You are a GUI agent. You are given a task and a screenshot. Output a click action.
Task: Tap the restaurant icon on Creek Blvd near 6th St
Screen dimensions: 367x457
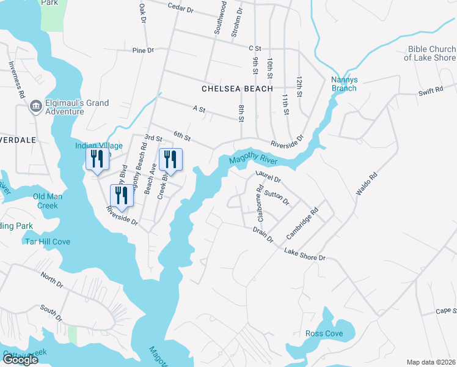(x=170, y=160)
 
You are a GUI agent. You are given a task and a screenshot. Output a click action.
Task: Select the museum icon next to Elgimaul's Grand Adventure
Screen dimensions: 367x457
(x=35, y=107)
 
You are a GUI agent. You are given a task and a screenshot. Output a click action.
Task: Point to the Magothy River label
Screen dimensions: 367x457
(x=253, y=160)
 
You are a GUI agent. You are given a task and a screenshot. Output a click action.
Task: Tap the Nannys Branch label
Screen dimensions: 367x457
(x=344, y=84)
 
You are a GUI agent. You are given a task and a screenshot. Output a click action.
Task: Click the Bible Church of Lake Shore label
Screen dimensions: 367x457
(x=430, y=53)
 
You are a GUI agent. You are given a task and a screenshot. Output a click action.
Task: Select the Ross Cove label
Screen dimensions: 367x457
(x=324, y=333)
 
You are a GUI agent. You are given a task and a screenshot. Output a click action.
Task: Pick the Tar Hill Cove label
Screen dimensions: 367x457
(x=47, y=242)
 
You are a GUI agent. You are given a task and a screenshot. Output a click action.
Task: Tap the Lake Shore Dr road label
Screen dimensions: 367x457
(x=304, y=254)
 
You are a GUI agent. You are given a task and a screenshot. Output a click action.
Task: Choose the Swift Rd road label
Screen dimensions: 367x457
(x=430, y=91)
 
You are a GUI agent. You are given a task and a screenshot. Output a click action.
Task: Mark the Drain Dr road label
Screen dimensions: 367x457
(x=263, y=235)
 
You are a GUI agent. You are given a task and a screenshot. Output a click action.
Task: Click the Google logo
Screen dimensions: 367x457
(x=20, y=359)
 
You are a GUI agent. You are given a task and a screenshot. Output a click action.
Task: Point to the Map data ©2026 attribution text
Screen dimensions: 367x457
(x=431, y=362)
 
